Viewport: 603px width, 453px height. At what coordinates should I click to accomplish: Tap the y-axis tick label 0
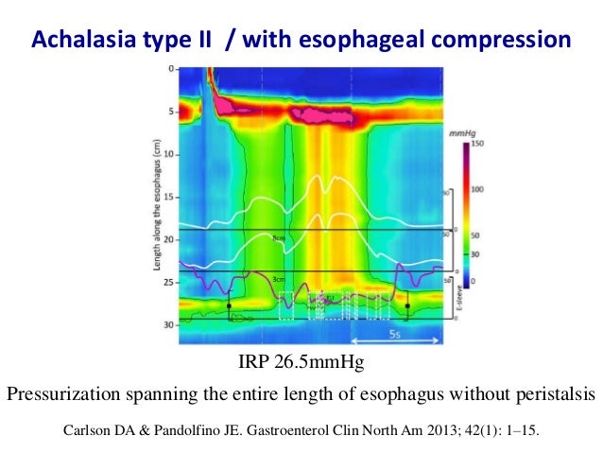click(170, 70)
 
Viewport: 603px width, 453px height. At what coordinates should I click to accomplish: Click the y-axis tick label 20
click(167, 240)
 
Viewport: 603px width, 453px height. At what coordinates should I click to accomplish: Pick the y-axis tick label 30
click(167, 324)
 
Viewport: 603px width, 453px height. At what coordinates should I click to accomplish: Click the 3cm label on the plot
click(277, 279)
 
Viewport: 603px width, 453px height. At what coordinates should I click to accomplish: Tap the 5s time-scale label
click(396, 336)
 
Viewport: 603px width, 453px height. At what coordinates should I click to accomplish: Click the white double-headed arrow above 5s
click(395, 323)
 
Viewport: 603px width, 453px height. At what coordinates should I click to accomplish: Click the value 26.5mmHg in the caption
click(321, 363)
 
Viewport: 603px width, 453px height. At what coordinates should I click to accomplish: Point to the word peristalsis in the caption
click(548, 395)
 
